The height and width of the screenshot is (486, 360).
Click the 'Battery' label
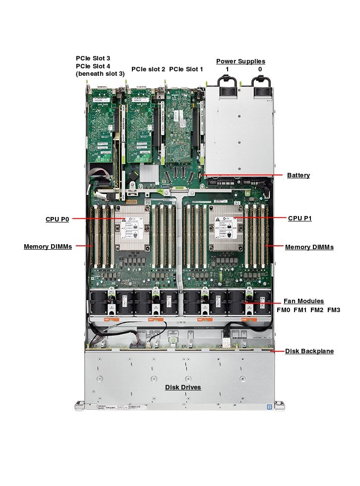[x=298, y=175]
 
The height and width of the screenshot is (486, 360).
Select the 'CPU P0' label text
[x=57, y=218]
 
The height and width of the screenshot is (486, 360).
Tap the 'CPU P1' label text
[x=300, y=218]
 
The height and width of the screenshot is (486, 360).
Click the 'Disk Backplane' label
[x=309, y=351]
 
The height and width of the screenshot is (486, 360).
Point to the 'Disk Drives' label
[x=183, y=387]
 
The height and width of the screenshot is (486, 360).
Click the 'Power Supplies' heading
[x=240, y=61]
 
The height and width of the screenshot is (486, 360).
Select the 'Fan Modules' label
[x=303, y=301]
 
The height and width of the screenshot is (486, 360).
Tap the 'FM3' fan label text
[x=334, y=310]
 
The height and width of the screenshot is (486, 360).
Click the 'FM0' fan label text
[x=283, y=310]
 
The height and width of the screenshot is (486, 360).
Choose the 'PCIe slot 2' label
[x=148, y=69]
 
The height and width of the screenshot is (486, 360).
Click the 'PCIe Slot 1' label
[x=186, y=69]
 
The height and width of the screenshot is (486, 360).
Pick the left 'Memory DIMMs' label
[x=48, y=247]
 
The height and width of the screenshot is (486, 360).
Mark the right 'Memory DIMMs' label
[x=309, y=247]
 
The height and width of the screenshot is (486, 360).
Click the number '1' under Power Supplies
[x=227, y=69]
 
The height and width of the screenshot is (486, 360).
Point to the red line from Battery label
[x=243, y=175]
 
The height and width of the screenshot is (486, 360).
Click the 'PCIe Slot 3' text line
[x=93, y=58]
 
